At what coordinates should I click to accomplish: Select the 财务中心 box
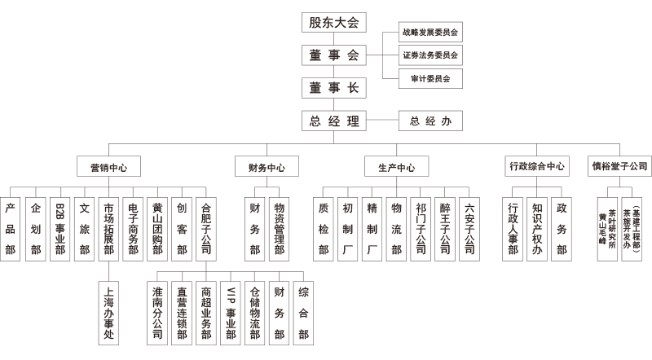(267, 167)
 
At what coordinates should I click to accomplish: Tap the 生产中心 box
(397, 167)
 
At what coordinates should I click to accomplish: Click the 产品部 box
(11, 230)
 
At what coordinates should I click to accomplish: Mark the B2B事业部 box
(59, 230)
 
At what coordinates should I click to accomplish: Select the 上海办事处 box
(108, 313)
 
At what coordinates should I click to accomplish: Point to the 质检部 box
(323, 230)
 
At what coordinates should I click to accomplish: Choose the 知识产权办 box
(537, 230)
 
